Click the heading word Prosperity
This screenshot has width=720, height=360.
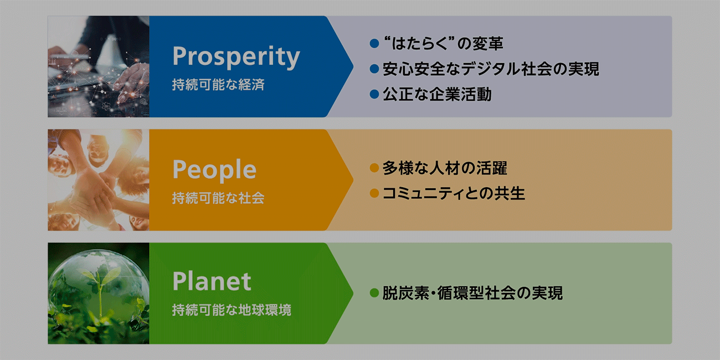pos(236,57)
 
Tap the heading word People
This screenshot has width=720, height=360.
pos(214,171)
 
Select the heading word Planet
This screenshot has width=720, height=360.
pos(212,281)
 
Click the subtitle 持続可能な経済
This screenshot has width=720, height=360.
pos(218,85)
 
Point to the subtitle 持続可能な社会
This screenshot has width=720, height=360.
pos(218,198)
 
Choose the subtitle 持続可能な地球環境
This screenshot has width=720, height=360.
pos(232,310)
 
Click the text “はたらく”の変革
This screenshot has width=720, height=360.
pos(444,43)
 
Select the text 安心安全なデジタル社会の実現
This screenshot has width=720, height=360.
pos(491,69)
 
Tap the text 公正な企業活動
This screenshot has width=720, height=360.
pos(437,94)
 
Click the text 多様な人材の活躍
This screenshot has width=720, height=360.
pos(445,168)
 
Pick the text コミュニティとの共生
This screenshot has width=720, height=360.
pos(454,193)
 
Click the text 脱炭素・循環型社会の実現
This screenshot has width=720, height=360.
pos(472,293)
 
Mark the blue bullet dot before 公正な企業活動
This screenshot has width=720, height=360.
pos(374,94)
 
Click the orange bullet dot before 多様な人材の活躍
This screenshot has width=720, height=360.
pos(374,168)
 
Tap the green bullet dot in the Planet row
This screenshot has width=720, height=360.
pos(374,293)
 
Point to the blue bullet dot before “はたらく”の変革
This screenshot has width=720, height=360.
pos(374,43)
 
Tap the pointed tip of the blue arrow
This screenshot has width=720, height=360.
pos(353,66)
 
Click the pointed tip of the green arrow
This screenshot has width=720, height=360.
pos(353,293)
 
